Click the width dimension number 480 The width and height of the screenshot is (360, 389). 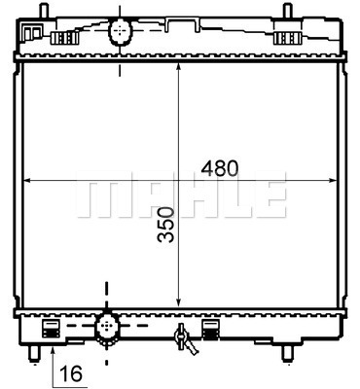[x=219, y=167]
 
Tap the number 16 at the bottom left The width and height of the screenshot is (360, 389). [x=69, y=371]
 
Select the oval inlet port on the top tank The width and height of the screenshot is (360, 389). [x=119, y=32]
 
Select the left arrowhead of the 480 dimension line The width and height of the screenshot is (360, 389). [x=27, y=180]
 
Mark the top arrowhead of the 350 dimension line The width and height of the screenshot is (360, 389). [x=178, y=70]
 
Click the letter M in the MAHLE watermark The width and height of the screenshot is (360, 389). [x=101, y=195]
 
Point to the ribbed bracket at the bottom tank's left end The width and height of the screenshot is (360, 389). [x=51, y=328]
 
